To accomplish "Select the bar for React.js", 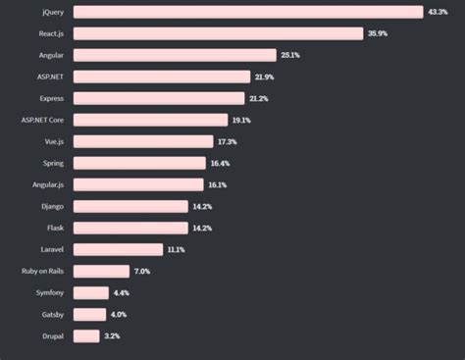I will [218, 33].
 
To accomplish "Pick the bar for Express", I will [159, 98].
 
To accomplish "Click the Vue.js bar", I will [143, 141].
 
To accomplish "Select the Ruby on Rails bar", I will [101, 271].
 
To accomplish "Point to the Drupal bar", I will [86, 335].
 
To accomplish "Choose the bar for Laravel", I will [117, 249].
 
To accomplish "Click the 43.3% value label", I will [439, 12].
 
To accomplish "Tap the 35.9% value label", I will [378, 33].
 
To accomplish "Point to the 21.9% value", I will [263, 77].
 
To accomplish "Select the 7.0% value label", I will [141, 271].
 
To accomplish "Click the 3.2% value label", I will [111, 335].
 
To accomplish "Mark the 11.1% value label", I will [177, 249].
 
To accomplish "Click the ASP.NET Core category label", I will [42, 120].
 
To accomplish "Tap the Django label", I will [53, 206].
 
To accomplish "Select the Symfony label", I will [49, 292].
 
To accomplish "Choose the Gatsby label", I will [52, 314].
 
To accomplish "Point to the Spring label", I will [53, 163].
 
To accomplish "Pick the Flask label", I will [55, 228].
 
